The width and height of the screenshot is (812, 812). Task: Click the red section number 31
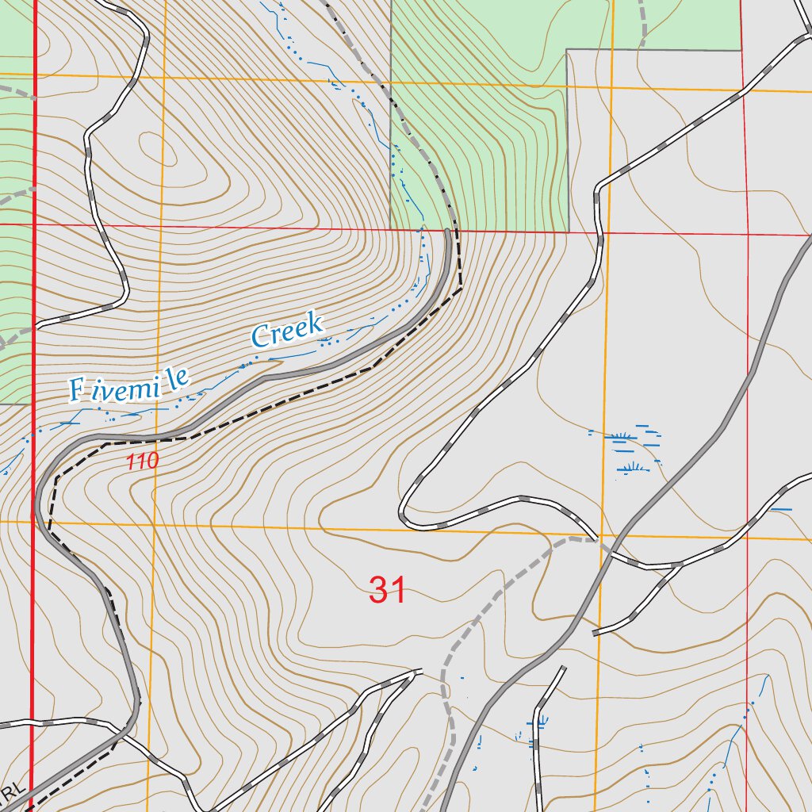tap(388, 590)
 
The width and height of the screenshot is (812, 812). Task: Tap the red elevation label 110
tap(143, 461)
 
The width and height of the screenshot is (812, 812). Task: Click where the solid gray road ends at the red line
tap(448, 231)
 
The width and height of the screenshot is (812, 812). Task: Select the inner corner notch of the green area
tap(567, 50)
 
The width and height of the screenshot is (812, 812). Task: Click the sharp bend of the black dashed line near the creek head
tap(462, 289)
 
